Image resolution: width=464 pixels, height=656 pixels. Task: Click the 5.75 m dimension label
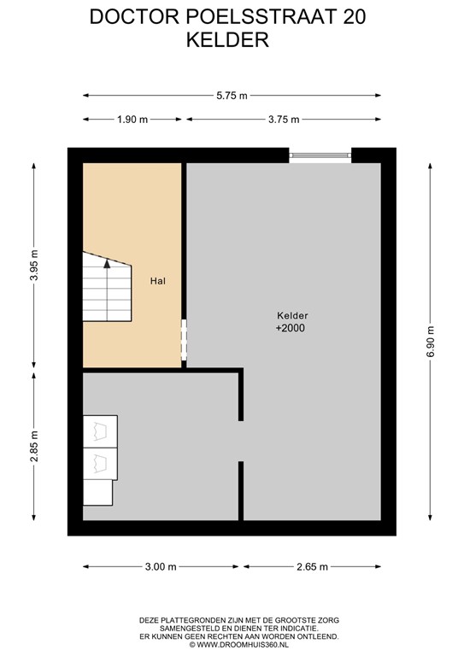tap(231, 97)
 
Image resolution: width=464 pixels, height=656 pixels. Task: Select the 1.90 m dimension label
tap(132, 119)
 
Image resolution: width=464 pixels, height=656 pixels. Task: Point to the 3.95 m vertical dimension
tap(35, 265)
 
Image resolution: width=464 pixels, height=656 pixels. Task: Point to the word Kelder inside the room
tap(291, 315)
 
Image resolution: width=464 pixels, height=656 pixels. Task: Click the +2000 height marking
tap(291, 328)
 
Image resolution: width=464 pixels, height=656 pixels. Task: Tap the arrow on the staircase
tap(107, 265)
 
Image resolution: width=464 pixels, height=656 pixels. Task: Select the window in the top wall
tap(320, 155)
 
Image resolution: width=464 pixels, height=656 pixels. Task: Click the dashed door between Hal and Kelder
tap(183, 342)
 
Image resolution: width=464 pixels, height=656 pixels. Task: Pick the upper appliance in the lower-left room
tap(100, 431)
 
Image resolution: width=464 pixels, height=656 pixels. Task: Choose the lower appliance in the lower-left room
tap(100, 462)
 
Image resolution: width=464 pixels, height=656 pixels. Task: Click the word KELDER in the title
tap(228, 38)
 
